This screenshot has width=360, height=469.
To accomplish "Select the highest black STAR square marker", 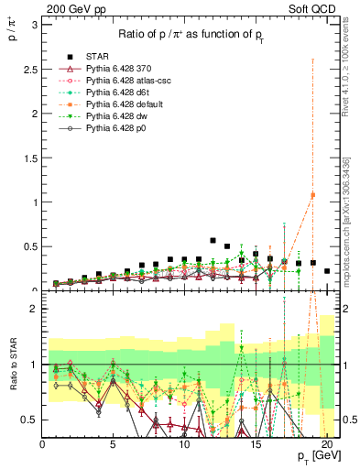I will pos(213,240).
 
